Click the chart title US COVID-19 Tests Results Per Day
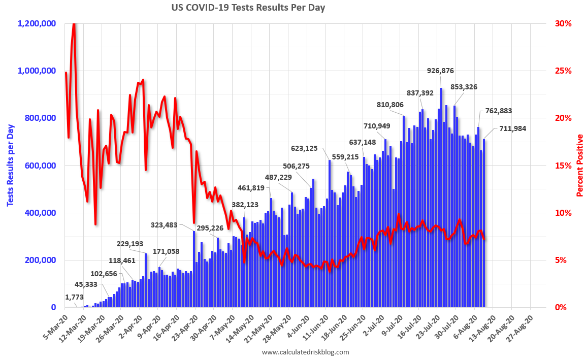click(248, 8)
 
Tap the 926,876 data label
click(440, 71)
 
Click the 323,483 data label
click(167, 224)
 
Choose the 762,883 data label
click(499, 111)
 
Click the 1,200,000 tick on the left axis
click(37, 23)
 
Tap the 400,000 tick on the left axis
click(40, 213)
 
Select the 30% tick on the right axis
click(563, 23)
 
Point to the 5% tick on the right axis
click(561, 260)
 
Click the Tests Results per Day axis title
click(10, 166)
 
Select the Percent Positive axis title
click(579, 166)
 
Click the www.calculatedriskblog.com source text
click(305, 352)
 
